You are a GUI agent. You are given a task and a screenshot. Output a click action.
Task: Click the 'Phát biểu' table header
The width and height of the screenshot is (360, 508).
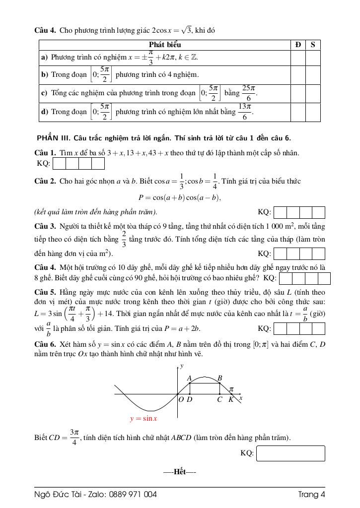pos(164,45)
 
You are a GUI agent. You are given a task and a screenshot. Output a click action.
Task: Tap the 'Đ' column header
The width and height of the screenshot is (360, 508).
pos(298,45)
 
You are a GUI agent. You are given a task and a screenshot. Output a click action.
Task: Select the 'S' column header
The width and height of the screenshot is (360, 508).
pos(313,45)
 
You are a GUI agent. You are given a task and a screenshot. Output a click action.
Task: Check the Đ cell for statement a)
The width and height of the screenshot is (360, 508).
pos(298,58)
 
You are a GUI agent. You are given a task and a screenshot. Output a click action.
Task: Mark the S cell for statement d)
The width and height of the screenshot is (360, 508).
pos(313,112)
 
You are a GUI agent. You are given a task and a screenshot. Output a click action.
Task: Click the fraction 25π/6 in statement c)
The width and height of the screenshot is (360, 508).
pos(248,93)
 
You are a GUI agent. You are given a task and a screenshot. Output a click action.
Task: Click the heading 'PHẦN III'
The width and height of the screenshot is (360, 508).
pos(54,138)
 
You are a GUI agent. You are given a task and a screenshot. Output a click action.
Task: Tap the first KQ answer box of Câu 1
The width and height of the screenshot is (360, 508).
pos(59,163)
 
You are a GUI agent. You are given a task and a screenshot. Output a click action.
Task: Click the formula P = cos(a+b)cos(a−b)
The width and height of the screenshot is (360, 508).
pos(179,197)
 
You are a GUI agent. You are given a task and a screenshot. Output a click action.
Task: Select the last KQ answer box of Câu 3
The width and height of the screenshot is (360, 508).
pos(318,254)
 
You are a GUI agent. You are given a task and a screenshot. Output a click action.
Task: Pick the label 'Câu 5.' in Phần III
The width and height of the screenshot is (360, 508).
pos(45,293)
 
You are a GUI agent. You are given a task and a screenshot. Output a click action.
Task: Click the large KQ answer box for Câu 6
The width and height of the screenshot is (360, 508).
pos(290,453)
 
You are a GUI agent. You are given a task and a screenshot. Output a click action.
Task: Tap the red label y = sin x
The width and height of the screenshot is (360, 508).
pos(144,419)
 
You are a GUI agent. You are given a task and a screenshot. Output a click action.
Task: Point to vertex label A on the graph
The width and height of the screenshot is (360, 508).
pos(189,378)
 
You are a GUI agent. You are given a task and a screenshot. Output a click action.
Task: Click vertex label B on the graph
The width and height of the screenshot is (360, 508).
pos(219,378)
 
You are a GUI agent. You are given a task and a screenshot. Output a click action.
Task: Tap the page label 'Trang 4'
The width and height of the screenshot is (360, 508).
pos(311,494)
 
